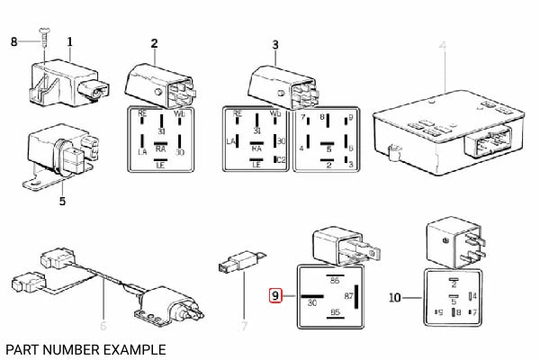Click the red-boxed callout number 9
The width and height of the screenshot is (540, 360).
pos(277,294)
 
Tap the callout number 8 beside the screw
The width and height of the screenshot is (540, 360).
pos(13,41)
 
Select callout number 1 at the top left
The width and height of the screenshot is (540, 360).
pos(70,41)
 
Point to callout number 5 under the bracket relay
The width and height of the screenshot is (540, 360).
pos(61,201)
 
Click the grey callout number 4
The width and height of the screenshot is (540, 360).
pos(442,44)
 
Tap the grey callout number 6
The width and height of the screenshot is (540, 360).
pos(103,325)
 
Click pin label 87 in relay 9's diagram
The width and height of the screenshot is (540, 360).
pos(348,294)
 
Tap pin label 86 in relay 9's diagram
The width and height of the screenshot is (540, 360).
pos(337,281)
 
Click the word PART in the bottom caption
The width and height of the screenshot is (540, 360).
pos(21,348)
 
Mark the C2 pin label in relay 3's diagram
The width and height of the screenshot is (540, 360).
pos(280,159)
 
